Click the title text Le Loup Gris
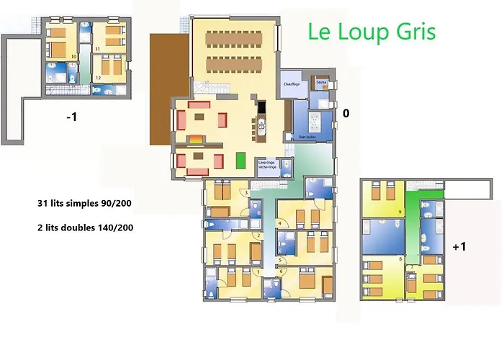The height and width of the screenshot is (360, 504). (x=372, y=32)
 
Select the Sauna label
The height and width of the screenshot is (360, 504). (x=322, y=83)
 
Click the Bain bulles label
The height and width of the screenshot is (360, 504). (x=308, y=135)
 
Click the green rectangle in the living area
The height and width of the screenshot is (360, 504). (x=240, y=160)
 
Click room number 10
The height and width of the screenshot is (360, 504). (x=73, y=56)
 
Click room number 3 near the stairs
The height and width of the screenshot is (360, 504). (x=247, y=193)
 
